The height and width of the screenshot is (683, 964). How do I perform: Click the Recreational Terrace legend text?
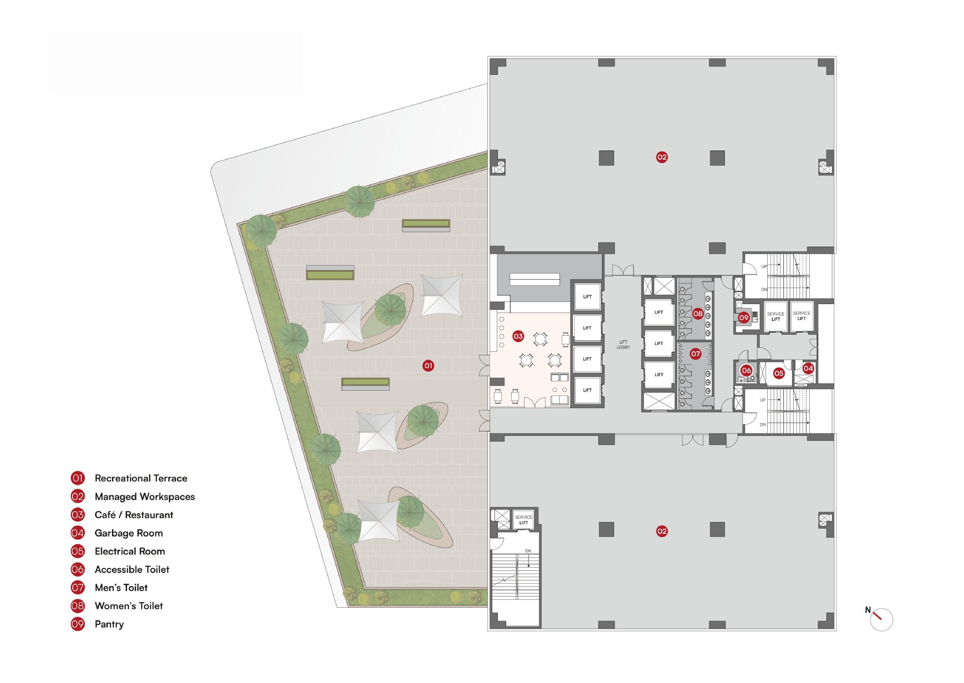tap(141, 478)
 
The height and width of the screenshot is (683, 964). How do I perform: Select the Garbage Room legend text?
tap(129, 533)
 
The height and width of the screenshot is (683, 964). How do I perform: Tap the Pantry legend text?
tap(109, 624)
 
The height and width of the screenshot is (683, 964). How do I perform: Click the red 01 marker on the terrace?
tap(428, 365)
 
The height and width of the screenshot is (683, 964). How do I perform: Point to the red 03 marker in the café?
tap(518, 336)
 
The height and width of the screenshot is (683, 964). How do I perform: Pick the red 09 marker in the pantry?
tap(744, 318)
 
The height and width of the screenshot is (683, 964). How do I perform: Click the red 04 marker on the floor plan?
tap(808, 368)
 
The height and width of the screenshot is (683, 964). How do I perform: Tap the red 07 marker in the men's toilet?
tap(696, 354)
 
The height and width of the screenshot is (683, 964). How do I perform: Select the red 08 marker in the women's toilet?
tap(698, 313)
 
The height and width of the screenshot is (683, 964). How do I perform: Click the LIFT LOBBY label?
tap(623, 345)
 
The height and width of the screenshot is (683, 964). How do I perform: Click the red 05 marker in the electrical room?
tap(779, 373)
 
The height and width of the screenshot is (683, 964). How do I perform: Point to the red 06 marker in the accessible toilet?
tap(747, 370)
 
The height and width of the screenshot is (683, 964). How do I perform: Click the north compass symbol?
tap(881, 619)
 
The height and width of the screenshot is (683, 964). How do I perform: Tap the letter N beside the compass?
tap(868, 610)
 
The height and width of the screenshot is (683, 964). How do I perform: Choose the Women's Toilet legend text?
tap(129, 606)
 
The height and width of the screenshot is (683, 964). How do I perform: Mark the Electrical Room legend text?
tap(130, 551)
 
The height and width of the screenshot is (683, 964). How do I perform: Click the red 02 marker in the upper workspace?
tap(662, 157)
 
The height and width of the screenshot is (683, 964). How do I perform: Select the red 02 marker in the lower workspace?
tap(662, 531)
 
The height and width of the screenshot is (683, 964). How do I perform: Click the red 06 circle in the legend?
tap(78, 570)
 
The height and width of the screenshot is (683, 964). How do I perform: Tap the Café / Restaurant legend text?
tap(134, 515)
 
